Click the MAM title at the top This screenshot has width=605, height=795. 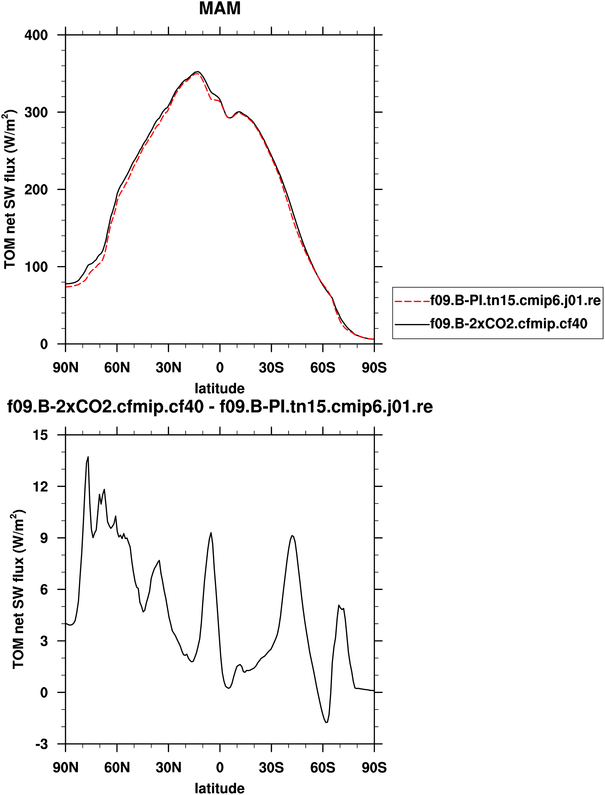pos(220,9)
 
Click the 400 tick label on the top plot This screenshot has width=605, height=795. pos(36,35)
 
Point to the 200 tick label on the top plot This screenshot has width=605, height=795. pos(36,190)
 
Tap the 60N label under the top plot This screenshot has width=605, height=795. pos(117,368)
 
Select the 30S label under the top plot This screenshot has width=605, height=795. pos(271,368)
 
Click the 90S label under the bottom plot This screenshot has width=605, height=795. pos(374,768)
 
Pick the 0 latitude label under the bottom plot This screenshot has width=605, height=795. pos(220,768)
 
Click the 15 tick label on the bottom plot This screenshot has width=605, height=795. pos(40,435)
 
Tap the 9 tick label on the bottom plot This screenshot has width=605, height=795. pos(44,538)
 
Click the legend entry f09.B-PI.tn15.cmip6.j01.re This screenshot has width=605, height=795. pos(515,300)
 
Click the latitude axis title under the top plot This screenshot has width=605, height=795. pos(220,389)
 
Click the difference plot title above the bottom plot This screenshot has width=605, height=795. pos(220,407)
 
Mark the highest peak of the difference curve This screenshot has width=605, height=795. pos(88,457)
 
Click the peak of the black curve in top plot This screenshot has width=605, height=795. pos(198,71)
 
